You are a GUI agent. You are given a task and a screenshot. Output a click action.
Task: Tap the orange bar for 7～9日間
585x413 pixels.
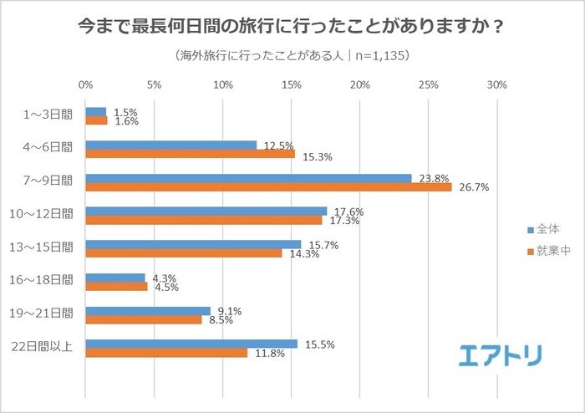[268, 187]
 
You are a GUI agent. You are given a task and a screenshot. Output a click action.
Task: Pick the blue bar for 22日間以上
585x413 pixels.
[191, 344]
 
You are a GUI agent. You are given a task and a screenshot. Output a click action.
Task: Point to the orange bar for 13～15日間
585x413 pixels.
[183, 253]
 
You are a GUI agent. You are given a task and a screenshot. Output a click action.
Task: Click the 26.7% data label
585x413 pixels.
[471, 187]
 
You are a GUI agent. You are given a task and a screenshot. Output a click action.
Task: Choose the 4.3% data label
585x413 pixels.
[163, 278]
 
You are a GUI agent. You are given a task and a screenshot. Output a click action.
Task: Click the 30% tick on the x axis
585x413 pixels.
[496, 85]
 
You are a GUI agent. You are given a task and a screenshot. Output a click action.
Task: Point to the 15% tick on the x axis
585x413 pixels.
[291, 85]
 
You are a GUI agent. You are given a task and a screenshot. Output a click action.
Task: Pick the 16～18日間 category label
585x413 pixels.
[48, 281]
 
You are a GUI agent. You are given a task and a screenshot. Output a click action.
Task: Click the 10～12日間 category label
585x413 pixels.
[48, 215]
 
